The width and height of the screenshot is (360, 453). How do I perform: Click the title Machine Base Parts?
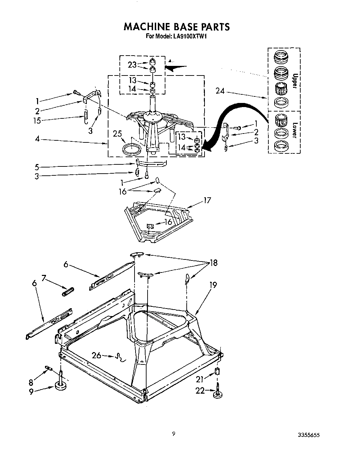click(176, 27)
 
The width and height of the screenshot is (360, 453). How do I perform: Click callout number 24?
click(220, 91)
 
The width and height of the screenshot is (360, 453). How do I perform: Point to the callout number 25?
click(117, 133)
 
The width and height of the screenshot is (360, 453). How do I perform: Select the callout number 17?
click(207, 200)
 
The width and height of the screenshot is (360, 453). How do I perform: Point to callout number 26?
click(97, 355)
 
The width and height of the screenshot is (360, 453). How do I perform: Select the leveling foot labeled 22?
click(217, 394)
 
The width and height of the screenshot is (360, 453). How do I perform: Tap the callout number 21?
click(199, 379)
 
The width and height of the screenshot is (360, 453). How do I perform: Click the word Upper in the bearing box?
click(293, 81)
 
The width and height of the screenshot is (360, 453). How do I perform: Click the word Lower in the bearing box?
click(293, 130)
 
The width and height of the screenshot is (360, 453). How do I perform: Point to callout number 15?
click(37, 120)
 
